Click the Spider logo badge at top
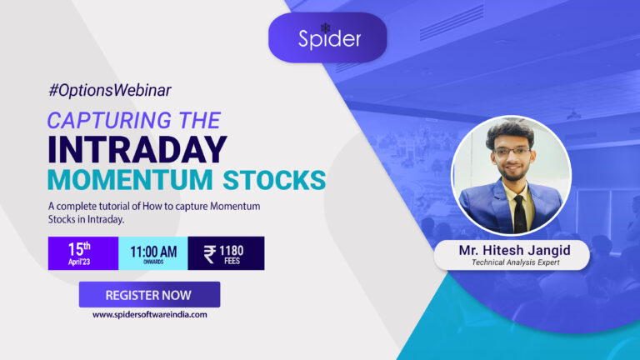[327, 37]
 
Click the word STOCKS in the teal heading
[275, 179]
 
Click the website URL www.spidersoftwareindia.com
[149, 314]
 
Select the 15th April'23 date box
[82, 253]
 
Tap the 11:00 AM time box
[152, 253]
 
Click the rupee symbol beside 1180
[208, 253]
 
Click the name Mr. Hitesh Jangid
[509, 250]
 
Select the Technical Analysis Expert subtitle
[509, 262]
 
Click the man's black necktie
[519, 213]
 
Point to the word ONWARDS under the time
[152, 261]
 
